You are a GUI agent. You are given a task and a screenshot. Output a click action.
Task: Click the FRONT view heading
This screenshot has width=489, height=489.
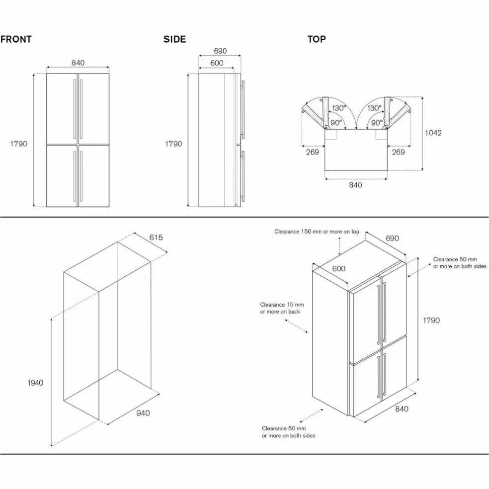point(16,39)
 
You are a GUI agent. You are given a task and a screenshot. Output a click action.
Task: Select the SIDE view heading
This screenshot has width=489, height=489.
point(174,39)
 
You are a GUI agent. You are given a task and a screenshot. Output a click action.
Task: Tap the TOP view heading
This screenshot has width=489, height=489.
point(317,39)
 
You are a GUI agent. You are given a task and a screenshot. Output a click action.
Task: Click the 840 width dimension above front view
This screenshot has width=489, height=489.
point(78,63)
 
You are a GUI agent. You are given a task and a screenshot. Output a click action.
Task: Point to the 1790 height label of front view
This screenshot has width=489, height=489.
point(19,144)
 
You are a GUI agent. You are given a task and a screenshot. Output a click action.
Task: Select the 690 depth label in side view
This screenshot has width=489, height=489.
point(220,51)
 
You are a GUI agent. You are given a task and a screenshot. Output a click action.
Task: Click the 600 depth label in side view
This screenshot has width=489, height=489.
point(217,63)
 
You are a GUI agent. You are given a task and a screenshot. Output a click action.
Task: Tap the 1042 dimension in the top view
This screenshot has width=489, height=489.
point(433,133)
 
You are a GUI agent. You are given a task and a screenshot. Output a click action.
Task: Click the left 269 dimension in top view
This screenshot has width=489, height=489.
point(312,152)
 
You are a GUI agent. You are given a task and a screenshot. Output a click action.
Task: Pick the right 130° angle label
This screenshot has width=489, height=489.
point(374,108)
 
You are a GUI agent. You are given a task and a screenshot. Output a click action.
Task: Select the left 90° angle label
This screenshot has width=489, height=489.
point(336,123)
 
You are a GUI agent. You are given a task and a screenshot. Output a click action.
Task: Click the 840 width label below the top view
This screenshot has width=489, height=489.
point(355,185)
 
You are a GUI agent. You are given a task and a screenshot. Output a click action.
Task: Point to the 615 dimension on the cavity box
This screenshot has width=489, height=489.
point(156,238)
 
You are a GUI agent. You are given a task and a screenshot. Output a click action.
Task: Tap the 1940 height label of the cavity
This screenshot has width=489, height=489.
point(35,383)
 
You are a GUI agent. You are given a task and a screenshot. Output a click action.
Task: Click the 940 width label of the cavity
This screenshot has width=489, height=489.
point(143,413)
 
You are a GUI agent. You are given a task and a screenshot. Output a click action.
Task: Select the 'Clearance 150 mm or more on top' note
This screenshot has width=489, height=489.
point(317,232)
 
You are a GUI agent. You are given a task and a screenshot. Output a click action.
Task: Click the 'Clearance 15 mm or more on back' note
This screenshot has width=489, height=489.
point(282,308)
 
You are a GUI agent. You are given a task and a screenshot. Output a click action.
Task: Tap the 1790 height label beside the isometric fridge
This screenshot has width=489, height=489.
point(431,320)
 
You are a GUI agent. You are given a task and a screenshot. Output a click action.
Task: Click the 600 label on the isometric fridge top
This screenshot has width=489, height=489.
point(339,269)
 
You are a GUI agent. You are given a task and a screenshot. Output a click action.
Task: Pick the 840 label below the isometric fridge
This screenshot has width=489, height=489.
point(402,409)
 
